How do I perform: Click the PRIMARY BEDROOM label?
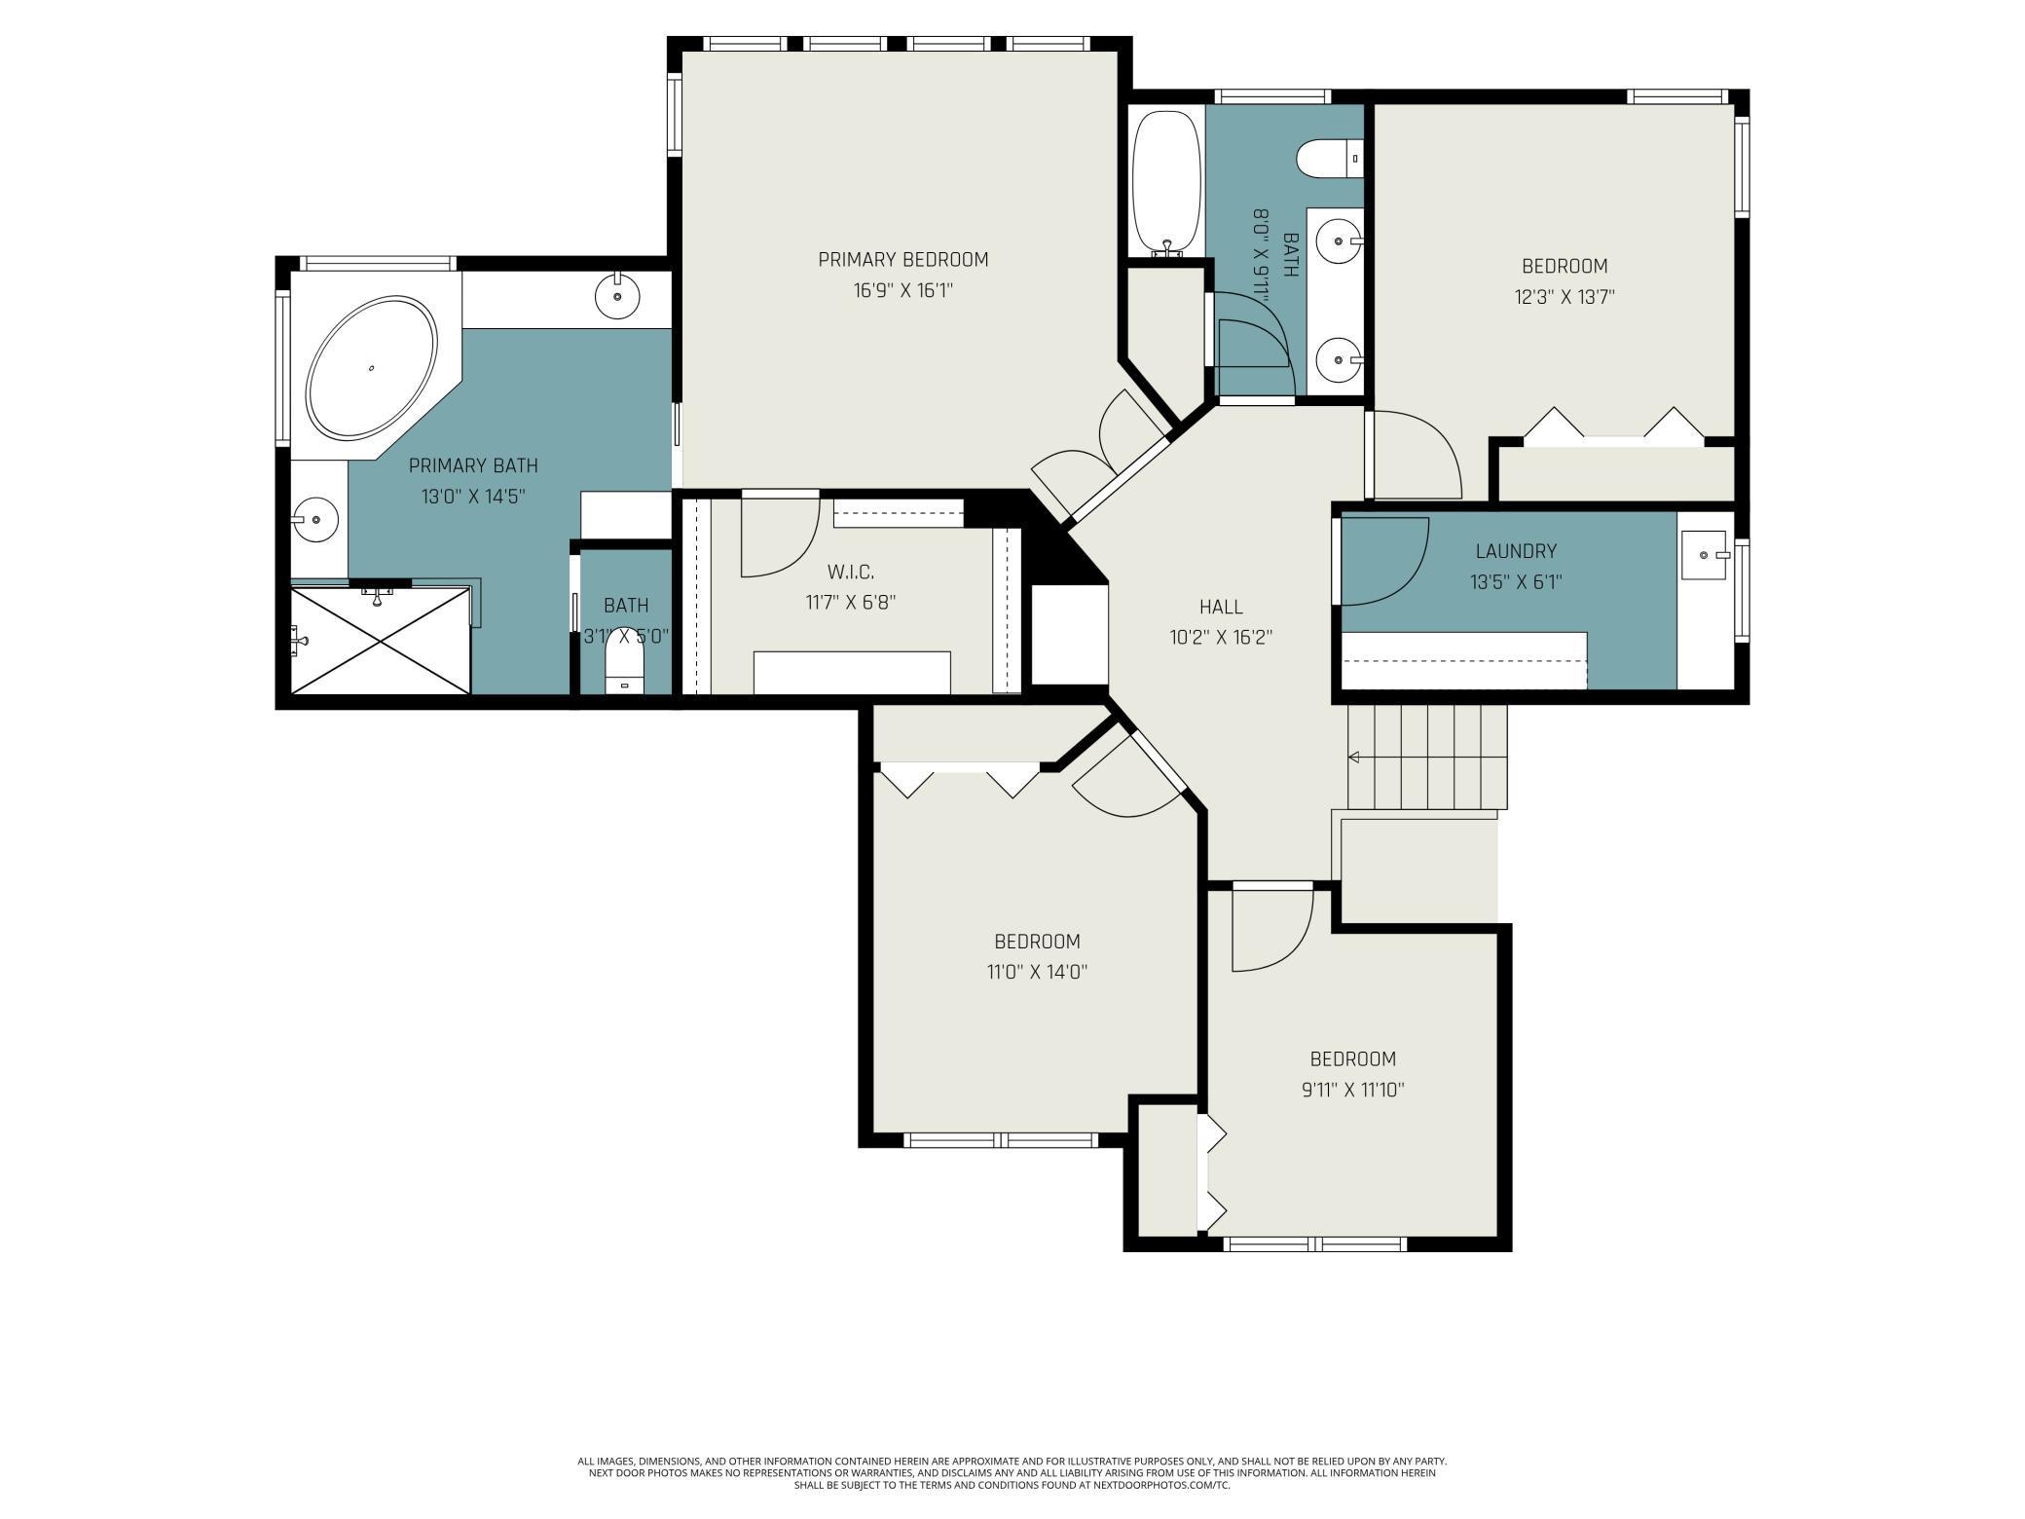902,259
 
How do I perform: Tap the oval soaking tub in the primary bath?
371,369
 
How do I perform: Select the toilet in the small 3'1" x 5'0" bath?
625,672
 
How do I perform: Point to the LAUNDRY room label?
1516,551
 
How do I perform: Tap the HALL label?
1221,607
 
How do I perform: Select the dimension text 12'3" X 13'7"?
1565,297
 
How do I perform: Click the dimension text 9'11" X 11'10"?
1352,1090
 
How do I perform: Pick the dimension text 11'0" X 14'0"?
1037,972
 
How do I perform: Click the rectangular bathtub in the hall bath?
1166,182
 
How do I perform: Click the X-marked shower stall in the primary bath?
381,640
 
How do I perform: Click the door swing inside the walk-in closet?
781,537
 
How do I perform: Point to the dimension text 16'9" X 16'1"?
902,290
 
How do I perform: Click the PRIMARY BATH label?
473,465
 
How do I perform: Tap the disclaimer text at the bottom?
1012,1473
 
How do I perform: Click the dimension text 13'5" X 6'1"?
1516,582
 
